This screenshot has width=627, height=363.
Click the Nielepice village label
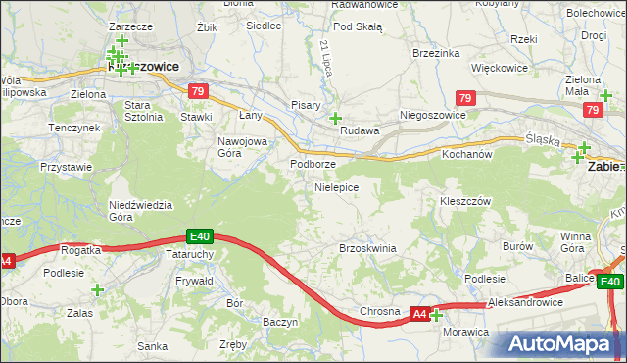point(336,186)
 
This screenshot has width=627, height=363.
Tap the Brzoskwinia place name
point(366,248)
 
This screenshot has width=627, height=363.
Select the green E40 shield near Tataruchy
point(200,236)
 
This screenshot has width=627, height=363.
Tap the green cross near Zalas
point(97,290)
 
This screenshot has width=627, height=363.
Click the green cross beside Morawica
point(436,315)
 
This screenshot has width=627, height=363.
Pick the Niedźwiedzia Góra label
point(140,211)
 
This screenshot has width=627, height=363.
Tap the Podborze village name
point(313,164)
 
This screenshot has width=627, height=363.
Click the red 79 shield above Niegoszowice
point(466,99)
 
